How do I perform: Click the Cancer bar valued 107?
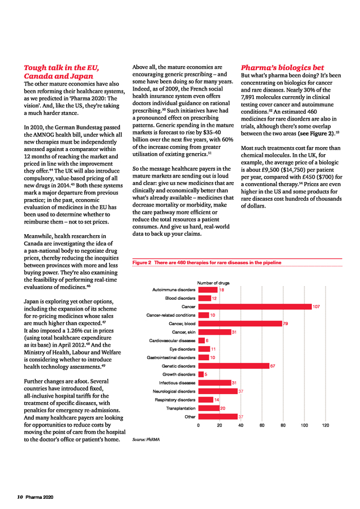(x=255, y=307)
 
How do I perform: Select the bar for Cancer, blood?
(x=240, y=323)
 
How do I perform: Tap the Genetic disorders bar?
(x=234, y=366)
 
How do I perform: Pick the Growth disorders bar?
(x=201, y=374)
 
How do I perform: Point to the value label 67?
(x=273, y=366)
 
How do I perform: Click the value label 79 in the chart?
(x=285, y=323)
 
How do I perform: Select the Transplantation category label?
(x=181, y=408)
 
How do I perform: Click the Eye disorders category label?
(x=182, y=349)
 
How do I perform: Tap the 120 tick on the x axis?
(x=325, y=425)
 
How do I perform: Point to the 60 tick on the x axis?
(x=262, y=425)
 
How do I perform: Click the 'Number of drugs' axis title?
(x=213, y=283)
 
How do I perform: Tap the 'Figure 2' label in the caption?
(x=142, y=262)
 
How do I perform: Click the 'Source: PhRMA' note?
(x=145, y=439)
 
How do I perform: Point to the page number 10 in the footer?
(x=19, y=497)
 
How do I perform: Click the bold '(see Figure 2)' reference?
(x=311, y=133)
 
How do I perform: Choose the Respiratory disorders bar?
(x=205, y=400)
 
